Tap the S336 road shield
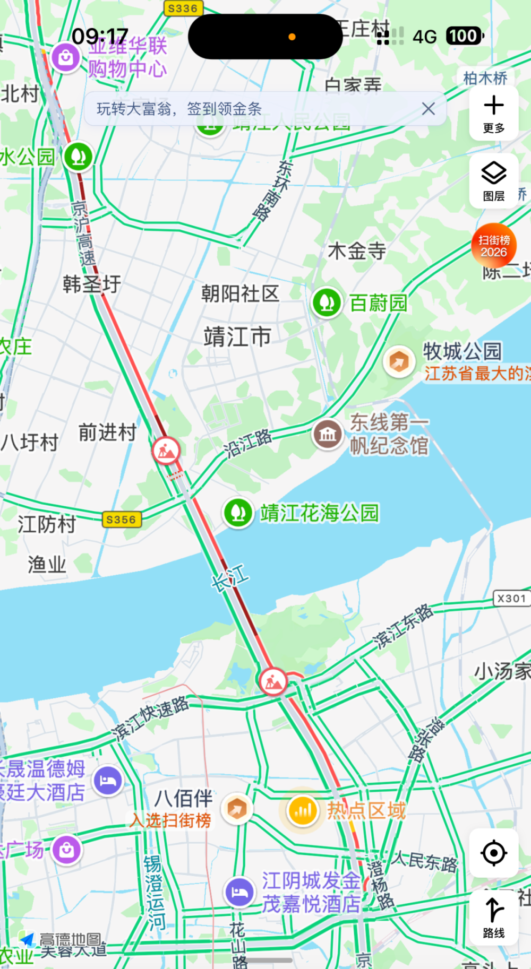tap(183, 8)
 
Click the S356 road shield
tap(122, 520)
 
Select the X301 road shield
tap(511, 599)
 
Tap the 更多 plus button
tap(494, 113)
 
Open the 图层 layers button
tap(494, 181)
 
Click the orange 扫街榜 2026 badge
tap(494, 246)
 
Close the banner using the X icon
tap(429, 109)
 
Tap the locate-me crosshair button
tap(494, 853)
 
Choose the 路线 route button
tap(494, 917)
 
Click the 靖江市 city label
tap(237, 337)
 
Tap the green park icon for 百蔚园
tap(327, 303)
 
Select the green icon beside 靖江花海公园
tap(238, 513)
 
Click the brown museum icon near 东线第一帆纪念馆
tap(328, 435)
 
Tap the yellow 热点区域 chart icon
tap(303, 810)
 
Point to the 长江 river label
tap(230, 578)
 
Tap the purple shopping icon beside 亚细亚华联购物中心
tap(66, 57)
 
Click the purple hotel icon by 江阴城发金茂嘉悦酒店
tap(239, 892)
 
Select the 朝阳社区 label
tap(240, 293)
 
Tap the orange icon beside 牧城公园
tap(399, 362)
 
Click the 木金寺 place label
tap(357, 251)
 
